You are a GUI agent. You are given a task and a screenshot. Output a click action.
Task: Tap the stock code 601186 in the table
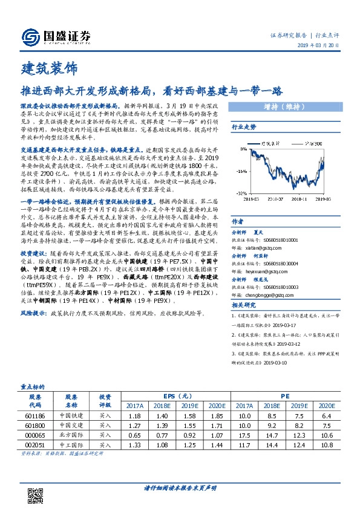click(x=34, y=416)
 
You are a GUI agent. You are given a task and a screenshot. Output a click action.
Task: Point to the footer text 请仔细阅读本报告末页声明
click(x=180, y=488)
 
